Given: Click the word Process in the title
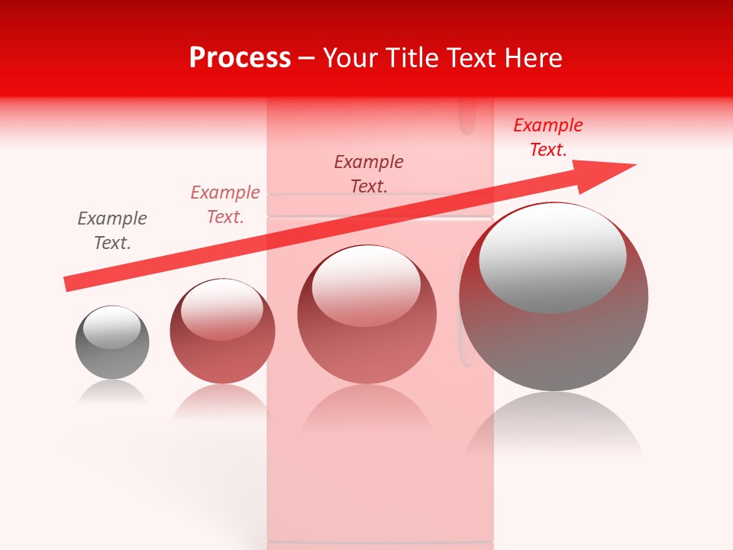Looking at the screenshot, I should pos(240,58).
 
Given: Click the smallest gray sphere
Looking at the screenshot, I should pos(112,343).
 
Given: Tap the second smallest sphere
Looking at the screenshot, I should pos(222,332).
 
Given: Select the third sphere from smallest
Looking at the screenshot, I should pos(366,315).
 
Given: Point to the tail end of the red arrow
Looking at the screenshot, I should pos(69,283).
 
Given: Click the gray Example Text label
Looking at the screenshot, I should pos(112,231).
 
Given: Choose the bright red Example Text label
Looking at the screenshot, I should pos(548,137).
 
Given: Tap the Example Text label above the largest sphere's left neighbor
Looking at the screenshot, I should pos(369,174).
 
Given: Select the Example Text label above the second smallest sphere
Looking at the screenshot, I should pos(225,205).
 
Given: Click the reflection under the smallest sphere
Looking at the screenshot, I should pos(112,393).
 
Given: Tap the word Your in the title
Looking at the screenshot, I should pos(350,58).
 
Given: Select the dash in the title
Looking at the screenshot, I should pos(307,59).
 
